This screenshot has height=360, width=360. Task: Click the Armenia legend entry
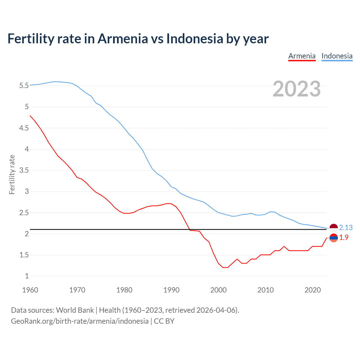(x=302, y=56)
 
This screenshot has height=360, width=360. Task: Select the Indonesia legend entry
(x=337, y=56)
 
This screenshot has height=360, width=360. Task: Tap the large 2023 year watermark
(x=296, y=89)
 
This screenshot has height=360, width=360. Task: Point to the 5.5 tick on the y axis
(x=24, y=85)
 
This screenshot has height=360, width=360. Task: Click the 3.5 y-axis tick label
(x=24, y=170)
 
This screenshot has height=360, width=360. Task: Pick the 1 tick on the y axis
(x=27, y=276)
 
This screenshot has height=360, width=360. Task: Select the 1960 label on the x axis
(x=30, y=290)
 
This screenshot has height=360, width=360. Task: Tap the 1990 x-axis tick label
(x=171, y=290)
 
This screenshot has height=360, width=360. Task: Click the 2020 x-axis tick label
(x=312, y=290)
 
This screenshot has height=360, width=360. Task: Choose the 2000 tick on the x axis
(x=218, y=290)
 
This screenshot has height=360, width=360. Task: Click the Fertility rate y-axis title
(x=12, y=174)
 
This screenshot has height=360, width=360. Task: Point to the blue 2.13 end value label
(x=346, y=228)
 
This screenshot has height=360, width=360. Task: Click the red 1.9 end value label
(x=344, y=238)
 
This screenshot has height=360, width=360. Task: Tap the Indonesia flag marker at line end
(x=334, y=228)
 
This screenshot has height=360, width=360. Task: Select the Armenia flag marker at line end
(x=334, y=238)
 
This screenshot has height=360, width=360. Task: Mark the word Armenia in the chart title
(x=123, y=39)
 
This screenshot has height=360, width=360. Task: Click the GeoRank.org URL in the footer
(x=80, y=321)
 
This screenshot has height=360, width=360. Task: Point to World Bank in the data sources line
(x=75, y=310)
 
